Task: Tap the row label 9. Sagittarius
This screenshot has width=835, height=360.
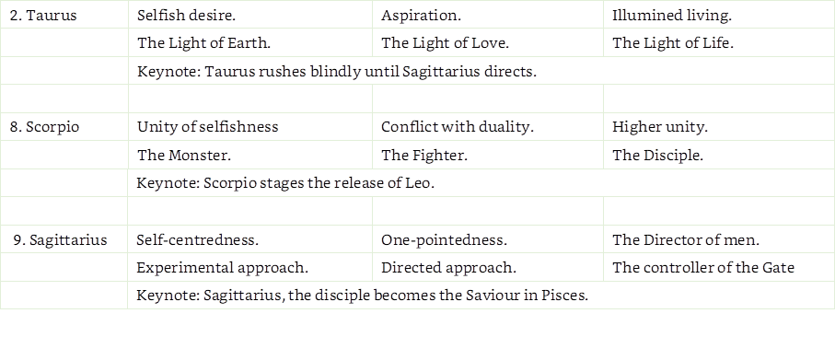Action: [x=61, y=240]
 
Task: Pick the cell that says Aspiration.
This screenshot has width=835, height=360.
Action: [x=422, y=16]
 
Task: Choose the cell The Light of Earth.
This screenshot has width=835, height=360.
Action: [x=203, y=42]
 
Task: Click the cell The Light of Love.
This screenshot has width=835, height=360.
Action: [x=446, y=42]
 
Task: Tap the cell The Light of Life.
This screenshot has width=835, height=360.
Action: [x=673, y=42]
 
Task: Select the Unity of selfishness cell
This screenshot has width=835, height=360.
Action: [x=207, y=127]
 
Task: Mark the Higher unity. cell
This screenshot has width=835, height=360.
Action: [x=660, y=127]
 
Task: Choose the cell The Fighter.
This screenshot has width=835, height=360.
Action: [x=424, y=156]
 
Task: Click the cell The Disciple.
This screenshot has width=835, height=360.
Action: [x=658, y=156]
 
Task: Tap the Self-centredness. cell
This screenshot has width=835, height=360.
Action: [x=197, y=240]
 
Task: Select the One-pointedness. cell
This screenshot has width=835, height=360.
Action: [x=444, y=240]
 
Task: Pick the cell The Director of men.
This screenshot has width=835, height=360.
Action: [x=687, y=240]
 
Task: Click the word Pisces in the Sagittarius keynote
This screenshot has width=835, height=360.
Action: [x=564, y=296]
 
